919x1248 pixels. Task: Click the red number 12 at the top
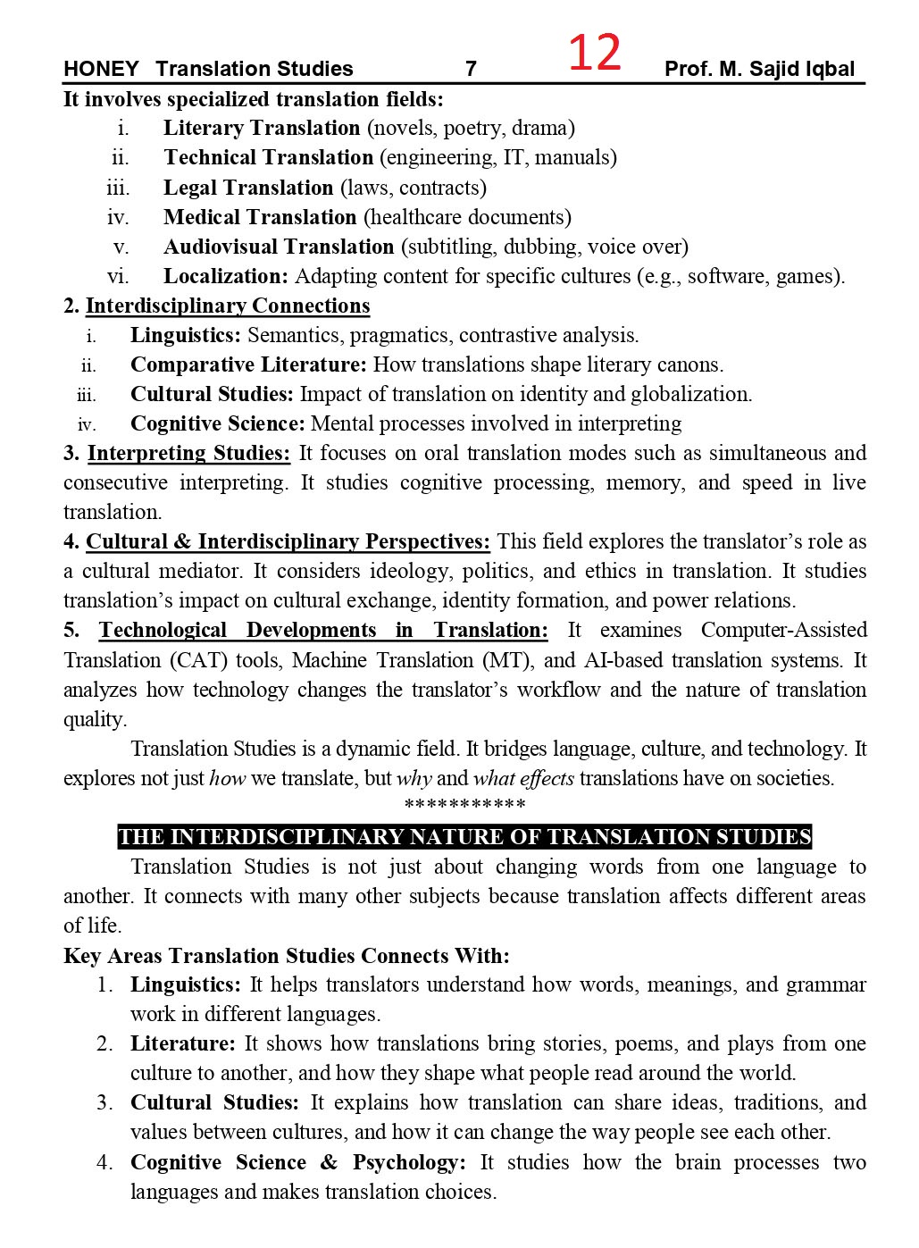click(x=594, y=54)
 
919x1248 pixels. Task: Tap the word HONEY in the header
click(x=101, y=69)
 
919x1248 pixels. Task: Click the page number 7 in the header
click(x=471, y=69)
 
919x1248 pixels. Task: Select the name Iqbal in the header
click(x=829, y=69)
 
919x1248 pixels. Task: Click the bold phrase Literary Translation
click(x=262, y=128)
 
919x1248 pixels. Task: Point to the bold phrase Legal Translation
click(x=248, y=188)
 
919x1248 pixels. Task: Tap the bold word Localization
click(x=225, y=276)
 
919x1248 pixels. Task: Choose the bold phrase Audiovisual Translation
click(x=279, y=247)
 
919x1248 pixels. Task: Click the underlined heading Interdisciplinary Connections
click(x=228, y=306)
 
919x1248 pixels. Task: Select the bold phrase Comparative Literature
click(x=248, y=364)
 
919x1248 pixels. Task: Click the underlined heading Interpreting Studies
click(x=188, y=453)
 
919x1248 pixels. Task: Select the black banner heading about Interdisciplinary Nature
click(x=464, y=837)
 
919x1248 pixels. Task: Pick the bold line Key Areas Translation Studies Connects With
click(x=287, y=956)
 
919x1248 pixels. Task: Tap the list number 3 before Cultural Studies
click(x=105, y=1102)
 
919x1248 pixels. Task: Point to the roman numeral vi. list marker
click(x=118, y=276)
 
